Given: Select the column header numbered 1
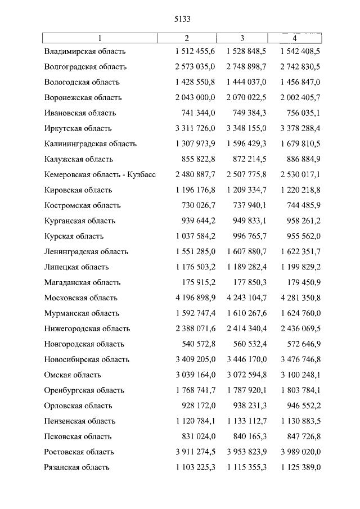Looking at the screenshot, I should [100, 38].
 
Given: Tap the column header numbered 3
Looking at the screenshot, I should [242, 38].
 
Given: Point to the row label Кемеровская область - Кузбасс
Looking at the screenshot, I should [100, 174].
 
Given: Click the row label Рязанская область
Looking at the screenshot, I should [76, 467].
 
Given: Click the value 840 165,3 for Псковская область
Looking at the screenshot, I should [251, 436].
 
